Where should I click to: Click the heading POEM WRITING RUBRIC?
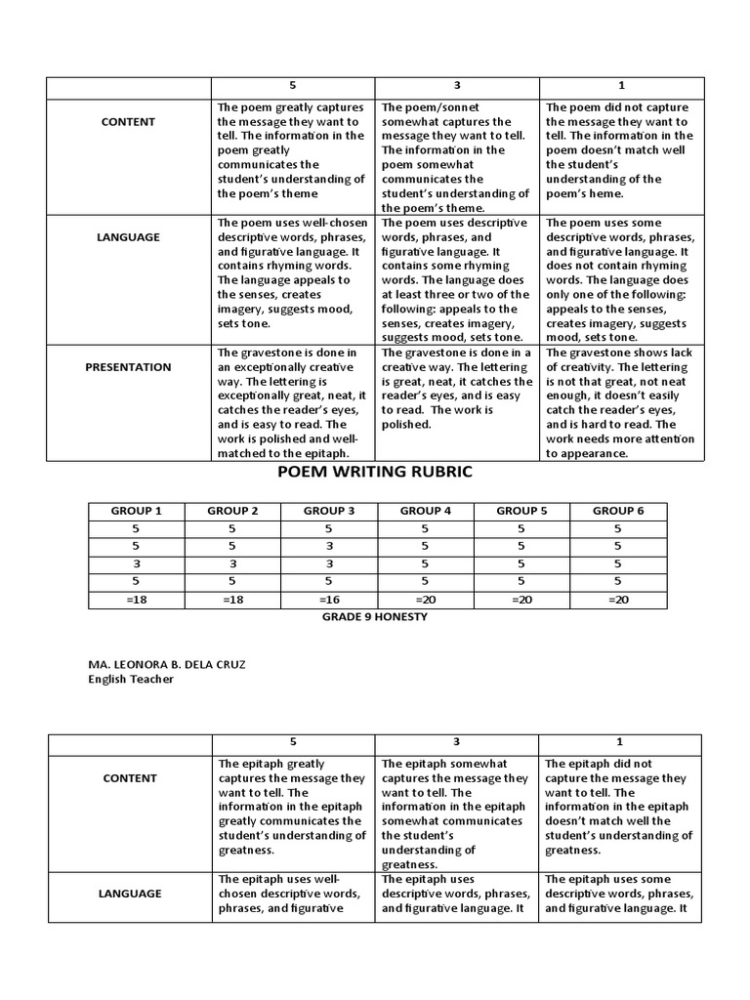[375, 472]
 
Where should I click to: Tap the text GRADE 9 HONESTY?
[375, 617]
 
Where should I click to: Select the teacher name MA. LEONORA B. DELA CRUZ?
[166, 665]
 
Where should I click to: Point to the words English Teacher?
[130, 679]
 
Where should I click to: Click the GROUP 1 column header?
[137, 511]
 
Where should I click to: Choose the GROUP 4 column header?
[426, 511]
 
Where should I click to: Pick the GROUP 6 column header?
[618, 511]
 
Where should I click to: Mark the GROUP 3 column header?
[329, 511]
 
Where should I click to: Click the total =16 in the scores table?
[329, 600]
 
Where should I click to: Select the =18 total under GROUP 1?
[137, 600]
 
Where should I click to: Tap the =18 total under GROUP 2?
[233, 600]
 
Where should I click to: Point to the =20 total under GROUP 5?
[521, 600]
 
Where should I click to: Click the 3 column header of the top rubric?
[457, 86]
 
